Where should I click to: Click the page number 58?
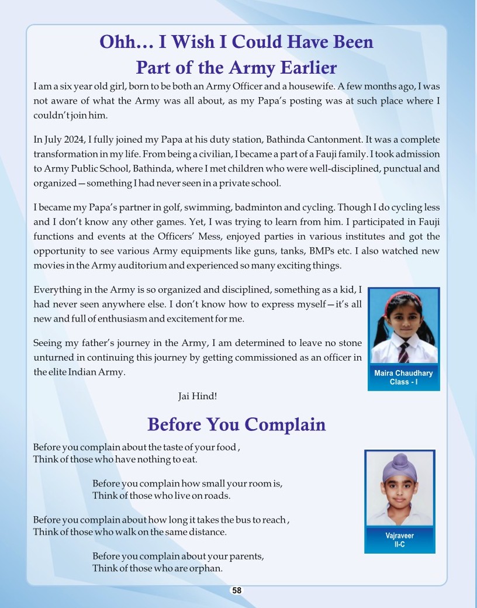coord(236,590)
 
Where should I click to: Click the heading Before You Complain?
coord(236,424)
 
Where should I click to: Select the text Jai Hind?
coord(198,396)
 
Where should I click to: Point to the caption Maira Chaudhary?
coord(403,373)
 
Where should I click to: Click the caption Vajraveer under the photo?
coord(400,536)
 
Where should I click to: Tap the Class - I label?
coord(403,382)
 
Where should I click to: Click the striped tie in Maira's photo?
coord(404,351)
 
